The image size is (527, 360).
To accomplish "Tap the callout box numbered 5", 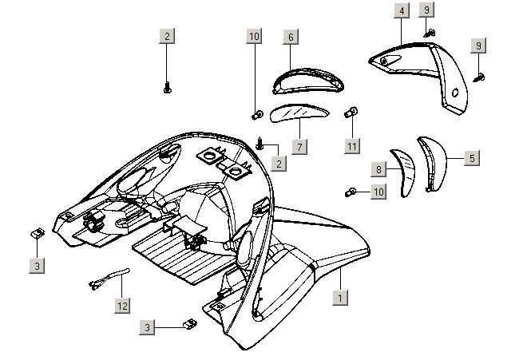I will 472,158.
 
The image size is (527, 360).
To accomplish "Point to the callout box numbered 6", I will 291,38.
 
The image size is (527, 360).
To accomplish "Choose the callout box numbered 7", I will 299,147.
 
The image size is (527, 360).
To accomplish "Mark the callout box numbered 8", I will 380,169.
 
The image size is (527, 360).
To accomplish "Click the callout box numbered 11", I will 352,145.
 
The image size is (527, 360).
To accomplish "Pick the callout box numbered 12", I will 121,306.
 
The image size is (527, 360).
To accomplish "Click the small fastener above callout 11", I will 351,113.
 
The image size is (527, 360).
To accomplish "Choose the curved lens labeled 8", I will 402,169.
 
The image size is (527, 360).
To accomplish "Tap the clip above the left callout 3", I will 37,232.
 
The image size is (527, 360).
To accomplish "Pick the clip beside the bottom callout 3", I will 190,324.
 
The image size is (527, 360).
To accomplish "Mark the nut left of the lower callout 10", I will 351,192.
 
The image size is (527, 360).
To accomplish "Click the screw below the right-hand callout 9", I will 481,77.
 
